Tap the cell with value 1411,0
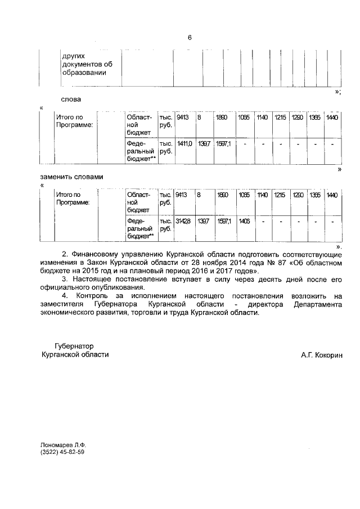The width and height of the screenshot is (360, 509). coord(185,145)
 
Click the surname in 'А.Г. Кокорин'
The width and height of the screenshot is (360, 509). coord(328,355)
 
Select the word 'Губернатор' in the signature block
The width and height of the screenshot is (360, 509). coord(74,346)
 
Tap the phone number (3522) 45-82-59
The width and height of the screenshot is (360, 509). coord(62,452)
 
